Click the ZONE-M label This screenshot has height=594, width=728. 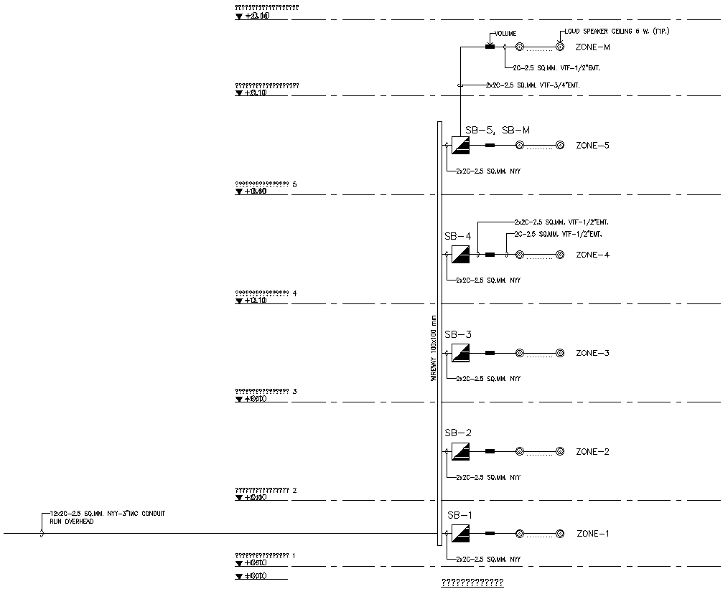point(592,47)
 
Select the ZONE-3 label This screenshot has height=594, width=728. point(592,353)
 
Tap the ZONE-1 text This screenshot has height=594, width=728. point(592,534)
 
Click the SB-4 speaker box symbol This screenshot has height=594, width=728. point(460,255)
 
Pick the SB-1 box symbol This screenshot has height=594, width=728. point(460,534)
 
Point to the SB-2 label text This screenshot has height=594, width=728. point(458,433)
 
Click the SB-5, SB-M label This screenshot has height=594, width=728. point(498,130)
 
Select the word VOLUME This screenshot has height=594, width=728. point(504,34)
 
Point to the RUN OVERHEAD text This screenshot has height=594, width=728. point(71,522)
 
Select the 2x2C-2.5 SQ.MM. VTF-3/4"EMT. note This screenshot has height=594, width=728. point(533,85)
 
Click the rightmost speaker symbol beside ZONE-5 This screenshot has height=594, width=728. point(560,146)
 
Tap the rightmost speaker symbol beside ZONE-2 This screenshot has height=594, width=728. point(560,452)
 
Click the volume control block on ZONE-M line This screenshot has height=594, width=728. point(490,47)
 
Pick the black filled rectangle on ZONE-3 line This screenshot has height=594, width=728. point(490,353)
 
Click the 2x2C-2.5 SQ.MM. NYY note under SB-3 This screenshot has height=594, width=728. point(487,378)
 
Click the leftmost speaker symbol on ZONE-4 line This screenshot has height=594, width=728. point(520,255)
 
